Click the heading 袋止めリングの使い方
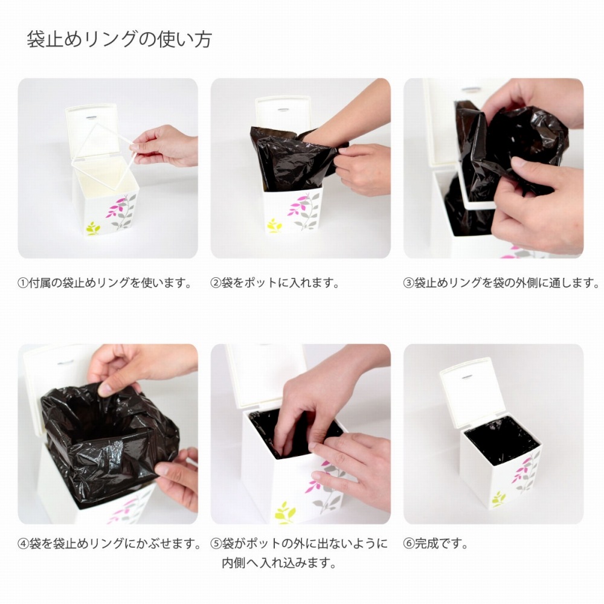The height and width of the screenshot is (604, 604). click(x=120, y=39)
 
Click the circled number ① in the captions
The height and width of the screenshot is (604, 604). click(x=24, y=283)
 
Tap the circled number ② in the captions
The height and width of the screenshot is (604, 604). click(x=216, y=283)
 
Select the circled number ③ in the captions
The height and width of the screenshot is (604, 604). click(x=409, y=283)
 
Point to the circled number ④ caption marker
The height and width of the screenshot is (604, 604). click(x=24, y=544)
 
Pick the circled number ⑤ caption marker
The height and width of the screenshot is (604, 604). click(x=216, y=544)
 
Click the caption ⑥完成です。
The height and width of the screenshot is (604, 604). click(x=436, y=544)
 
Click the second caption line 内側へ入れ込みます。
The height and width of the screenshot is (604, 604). click(x=280, y=563)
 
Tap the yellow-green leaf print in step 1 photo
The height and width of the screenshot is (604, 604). click(x=93, y=228)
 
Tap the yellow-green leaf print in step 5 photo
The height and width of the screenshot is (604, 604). click(x=285, y=513)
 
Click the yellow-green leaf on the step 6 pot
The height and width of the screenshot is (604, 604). click(x=498, y=499)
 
